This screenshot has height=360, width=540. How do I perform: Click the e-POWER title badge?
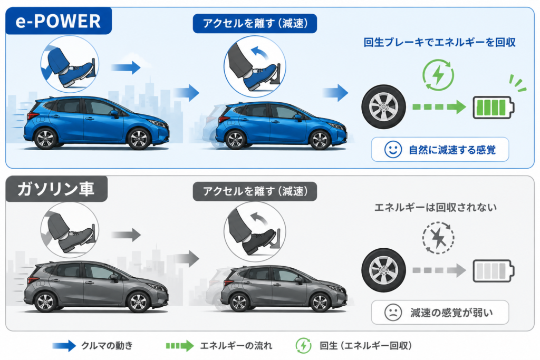[59, 21]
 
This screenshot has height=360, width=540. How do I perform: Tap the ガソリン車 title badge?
[56, 189]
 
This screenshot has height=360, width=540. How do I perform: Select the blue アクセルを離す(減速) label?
[255, 23]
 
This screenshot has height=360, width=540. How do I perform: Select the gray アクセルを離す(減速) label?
[255, 191]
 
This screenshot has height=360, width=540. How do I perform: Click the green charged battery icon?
[494, 108]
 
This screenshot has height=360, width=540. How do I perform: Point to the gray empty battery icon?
[494, 271]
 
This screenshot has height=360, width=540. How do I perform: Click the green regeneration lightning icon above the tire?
[438, 75]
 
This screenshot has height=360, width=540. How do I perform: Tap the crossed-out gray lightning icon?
[438, 238]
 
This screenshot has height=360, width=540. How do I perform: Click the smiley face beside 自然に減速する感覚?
[393, 150]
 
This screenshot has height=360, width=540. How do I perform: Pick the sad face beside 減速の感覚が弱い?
[393, 313]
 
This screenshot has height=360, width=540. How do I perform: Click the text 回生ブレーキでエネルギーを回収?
[440, 42]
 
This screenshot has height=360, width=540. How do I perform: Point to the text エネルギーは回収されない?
[436, 207]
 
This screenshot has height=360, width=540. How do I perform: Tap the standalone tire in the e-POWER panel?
[384, 107]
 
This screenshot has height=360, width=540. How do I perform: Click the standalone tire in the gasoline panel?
[384, 270]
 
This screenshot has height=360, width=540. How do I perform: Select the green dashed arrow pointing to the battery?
[439, 107]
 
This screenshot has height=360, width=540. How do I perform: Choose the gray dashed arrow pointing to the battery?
[439, 270]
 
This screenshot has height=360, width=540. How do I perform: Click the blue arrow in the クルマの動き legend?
[64, 346]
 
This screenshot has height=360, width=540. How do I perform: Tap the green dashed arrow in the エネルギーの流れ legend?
[180, 346]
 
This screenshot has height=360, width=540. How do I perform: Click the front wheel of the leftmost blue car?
[139, 139]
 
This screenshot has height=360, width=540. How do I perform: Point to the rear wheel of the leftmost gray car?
[45, 302]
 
